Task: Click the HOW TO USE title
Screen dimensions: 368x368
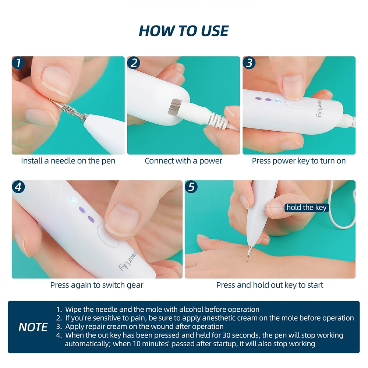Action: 184,31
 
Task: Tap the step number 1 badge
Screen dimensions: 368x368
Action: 18,63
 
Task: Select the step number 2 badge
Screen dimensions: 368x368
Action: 134,63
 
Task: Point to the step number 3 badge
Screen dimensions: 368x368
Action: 249,63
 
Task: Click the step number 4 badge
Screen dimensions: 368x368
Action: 18,187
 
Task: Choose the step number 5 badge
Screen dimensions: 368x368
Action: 191,187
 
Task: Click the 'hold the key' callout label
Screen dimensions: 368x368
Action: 307,208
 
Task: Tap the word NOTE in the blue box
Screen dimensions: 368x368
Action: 33,327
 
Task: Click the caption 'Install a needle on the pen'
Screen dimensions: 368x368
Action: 68,161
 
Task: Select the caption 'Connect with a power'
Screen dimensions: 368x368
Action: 184,161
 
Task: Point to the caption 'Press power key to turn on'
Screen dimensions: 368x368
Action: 299,161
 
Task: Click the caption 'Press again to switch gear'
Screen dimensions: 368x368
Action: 97,285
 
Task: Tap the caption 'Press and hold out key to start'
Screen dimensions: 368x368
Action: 270,285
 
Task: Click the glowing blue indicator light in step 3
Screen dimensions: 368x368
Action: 278,101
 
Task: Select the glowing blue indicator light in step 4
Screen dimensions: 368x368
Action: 72,201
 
